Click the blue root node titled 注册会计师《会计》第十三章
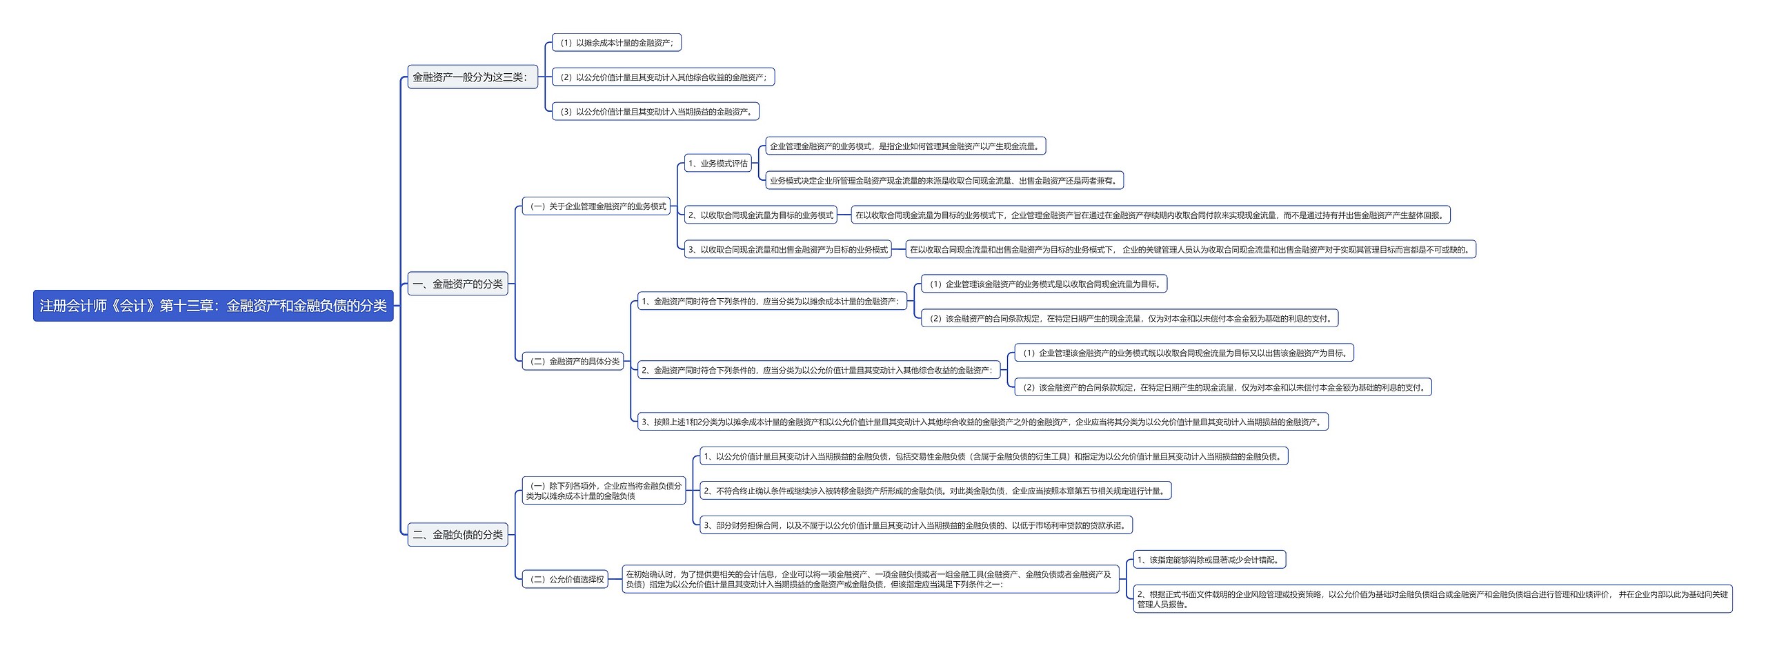(213, 306)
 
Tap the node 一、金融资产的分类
(457, 284)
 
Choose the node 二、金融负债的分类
(457, 535)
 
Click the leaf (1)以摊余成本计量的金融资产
(617, 43)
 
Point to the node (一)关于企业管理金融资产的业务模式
(596, 206)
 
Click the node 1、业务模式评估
(717, 164)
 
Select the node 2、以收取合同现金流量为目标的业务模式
(760, 215)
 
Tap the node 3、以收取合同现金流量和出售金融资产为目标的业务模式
(787, 250)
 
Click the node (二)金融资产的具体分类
(573, 362)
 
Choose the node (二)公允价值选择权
(565, 580)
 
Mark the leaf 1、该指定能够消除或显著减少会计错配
(1209, 560)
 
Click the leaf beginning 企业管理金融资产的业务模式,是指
(906, 146)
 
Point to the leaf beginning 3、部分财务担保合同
(915, 525)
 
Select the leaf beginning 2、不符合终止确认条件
(935, 491)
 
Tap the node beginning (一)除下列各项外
(604, 491)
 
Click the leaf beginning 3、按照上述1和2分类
(982, 422)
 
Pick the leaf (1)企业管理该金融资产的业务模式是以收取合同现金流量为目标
(1044, 284)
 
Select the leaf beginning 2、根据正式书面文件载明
(1432, 599)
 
